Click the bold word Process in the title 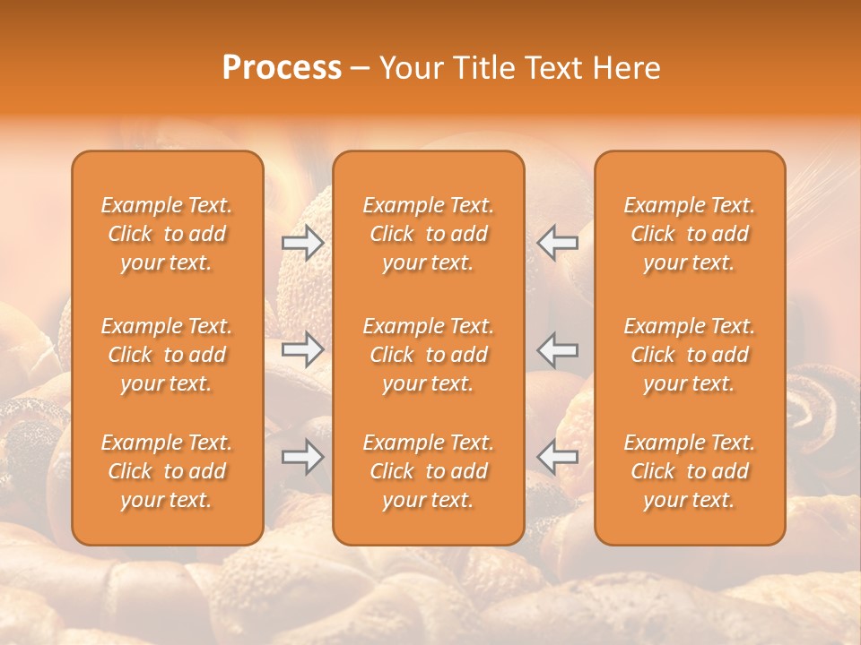[282, 68]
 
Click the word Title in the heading [481, 68]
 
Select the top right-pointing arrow [302, 242]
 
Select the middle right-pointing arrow [302, 349]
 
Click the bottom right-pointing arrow [302, 457]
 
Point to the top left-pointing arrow [558, 242]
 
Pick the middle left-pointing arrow [558, 349]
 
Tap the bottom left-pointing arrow [558, 457]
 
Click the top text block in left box [167, 234]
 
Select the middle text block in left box [167, 355]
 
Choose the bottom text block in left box [167, 471]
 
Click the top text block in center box [428, 234]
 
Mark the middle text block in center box [428, 355]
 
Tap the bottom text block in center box [428, 471]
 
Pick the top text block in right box [689, 234]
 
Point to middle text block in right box [689, 355]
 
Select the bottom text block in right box [689, 471]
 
